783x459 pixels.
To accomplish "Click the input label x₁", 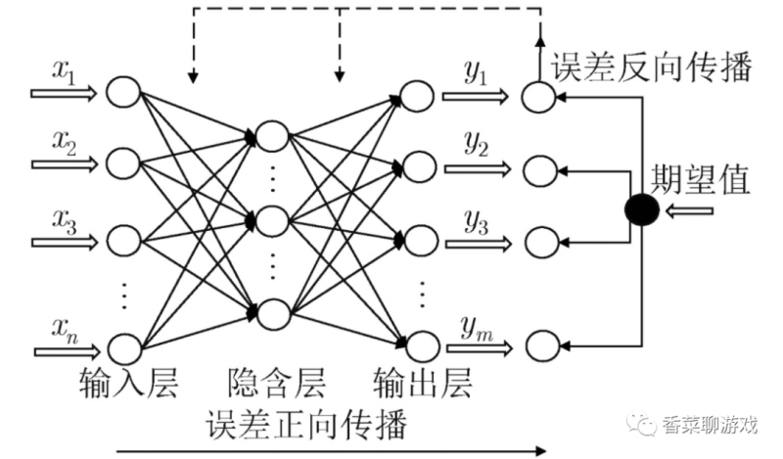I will (x=65, y=74).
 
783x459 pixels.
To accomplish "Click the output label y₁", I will (x=476, y=76).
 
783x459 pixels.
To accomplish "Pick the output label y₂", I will (x=476, y=148).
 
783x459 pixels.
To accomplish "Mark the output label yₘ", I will (x=476, y=325).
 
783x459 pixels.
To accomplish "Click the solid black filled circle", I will (x=641, y=209).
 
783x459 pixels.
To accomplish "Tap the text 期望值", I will (x=701, y=182).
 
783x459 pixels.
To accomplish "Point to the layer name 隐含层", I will (x=275, y=381).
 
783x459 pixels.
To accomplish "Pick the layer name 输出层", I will (x=424, y=381).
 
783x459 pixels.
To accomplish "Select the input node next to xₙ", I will (x=124, y=346).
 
